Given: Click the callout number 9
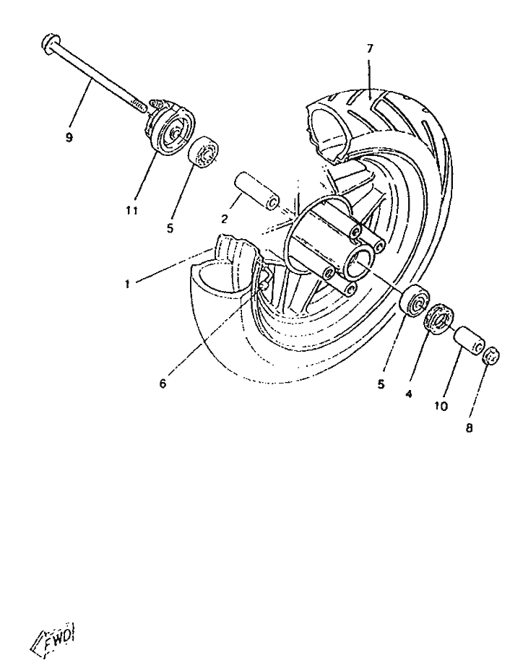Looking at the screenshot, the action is [69, 137].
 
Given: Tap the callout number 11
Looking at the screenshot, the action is [132, 210].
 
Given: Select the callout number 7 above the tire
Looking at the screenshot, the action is [370, 48].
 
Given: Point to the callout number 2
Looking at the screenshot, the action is [224, 219].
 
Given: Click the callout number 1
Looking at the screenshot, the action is [127, 284].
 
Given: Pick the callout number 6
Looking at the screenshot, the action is [163, 383].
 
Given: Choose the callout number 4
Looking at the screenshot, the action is [409, 394].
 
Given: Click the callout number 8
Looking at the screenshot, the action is [469, 428].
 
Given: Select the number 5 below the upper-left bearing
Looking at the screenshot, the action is [170, 228].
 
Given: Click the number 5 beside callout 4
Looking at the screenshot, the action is [381, 384].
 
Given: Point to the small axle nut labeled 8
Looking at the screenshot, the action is [492, 355].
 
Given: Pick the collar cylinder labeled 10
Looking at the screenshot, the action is [469, 340].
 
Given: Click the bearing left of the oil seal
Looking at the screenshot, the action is [415, 300].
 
